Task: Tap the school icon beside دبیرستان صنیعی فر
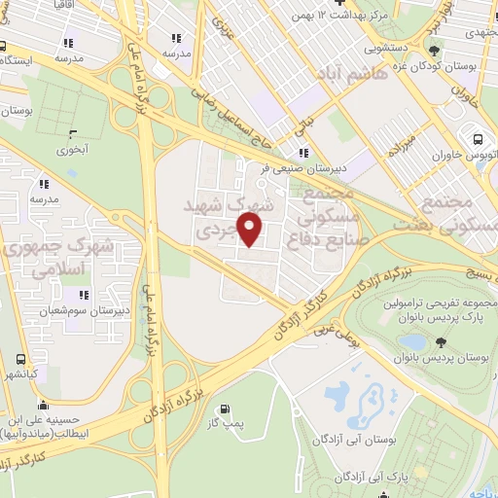pyautogui.click(x=303, y=152)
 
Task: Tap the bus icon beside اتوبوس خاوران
pyautogui.click(x=478, y=136)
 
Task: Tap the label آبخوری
pyautogui.click(x=70, y=151)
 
